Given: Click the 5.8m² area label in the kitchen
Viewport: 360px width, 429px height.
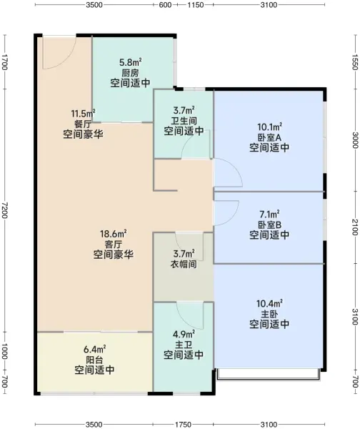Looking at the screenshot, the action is tap(130, 63).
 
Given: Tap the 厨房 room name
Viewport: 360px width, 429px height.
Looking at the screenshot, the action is tap(130, 73).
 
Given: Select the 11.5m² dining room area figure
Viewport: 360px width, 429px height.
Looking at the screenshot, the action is tap(83, 113).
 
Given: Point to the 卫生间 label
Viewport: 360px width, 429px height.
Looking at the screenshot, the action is tap(184, 121).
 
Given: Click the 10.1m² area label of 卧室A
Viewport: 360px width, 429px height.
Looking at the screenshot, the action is tap(269, 127).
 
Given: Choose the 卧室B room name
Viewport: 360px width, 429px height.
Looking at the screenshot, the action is tap(269, 225).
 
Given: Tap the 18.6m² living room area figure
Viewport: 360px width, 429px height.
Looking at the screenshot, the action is tap(113, 234).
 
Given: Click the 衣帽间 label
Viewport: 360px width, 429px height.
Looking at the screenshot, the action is tap(184, 265).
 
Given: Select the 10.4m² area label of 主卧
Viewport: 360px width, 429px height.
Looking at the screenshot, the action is tap(269, 304).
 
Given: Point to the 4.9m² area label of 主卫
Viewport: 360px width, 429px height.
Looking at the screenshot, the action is tap(184, 335).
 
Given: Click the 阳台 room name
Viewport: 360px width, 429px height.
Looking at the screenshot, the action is tap(94, 360).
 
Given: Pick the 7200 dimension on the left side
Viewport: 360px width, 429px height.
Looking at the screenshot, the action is tap(4, 210).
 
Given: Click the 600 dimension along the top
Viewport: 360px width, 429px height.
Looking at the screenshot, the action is tap(165, 5).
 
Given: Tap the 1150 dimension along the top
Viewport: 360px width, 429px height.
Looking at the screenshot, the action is tap(196, 5).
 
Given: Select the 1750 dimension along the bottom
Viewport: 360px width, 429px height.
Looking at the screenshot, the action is tap(183, 425).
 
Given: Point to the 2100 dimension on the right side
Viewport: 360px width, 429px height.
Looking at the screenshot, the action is tap(355, 227).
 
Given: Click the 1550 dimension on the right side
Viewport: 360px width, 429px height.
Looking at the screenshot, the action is tap(355, 62).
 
